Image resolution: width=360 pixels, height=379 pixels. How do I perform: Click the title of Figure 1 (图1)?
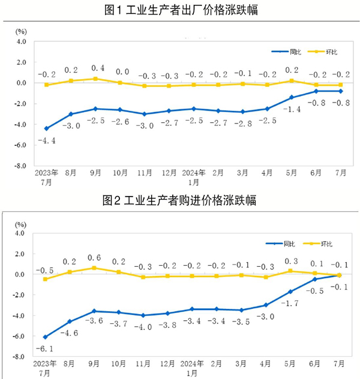coord(181,10)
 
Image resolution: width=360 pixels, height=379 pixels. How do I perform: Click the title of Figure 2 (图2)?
coord(181,201)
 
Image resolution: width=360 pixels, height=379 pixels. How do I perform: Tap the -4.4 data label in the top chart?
coord(47,141)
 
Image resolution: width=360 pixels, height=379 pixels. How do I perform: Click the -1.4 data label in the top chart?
coord(291,109)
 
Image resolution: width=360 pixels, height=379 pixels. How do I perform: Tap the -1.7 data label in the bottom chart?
coord(291,304)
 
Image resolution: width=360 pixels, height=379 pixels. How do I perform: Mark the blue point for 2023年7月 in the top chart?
coord(47,128)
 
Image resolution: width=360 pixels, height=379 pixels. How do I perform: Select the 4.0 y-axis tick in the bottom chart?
coord(20,233)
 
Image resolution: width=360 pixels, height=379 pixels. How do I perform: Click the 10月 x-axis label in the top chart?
coord(121,172)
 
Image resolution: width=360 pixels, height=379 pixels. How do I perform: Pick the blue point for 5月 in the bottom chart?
coord(291,291)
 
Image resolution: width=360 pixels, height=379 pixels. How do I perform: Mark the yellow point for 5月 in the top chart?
coord(291,80)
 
